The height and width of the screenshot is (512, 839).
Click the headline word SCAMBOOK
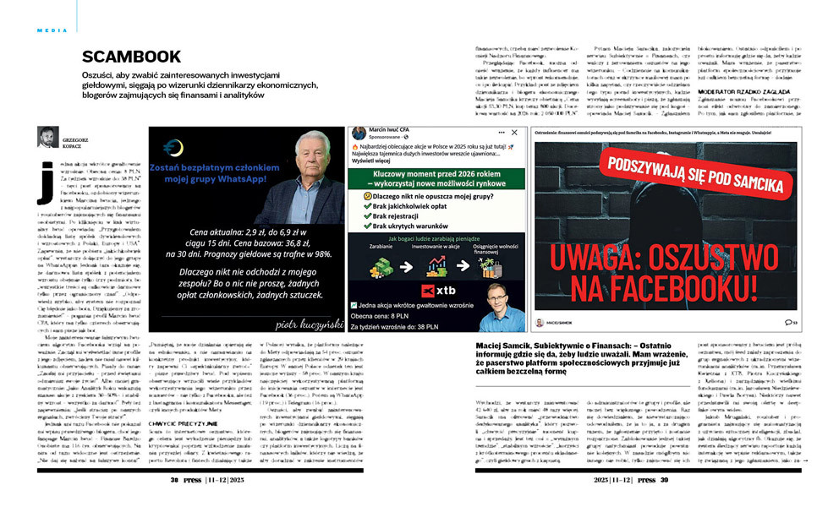pyautogui.click(x=131, y=57)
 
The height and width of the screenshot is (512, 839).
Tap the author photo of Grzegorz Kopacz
pyautogui.click(x=48, y=136)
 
